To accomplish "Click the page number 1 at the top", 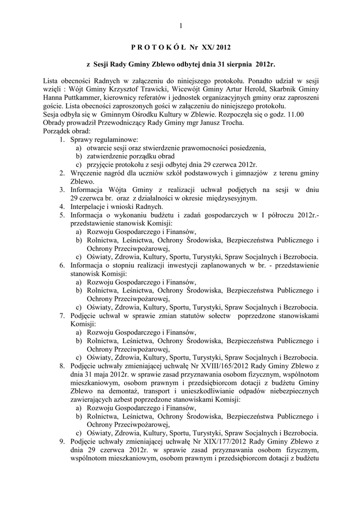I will click(x=181, y=26).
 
